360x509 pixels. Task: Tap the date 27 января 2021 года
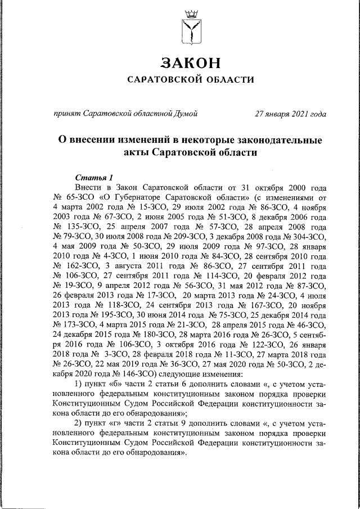click(290, 114)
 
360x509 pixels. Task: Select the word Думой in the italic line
click(186, 114)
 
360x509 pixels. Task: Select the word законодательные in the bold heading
click(275, 139)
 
